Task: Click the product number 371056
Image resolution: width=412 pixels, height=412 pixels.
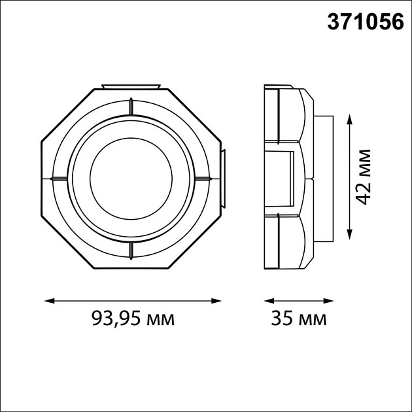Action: (x=365, y=22)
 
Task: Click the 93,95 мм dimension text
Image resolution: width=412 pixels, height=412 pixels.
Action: (x=133, y=318)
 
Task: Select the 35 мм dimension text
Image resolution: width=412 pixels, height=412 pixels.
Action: (x=299, y=318)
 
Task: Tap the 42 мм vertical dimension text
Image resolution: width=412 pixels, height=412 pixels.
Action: (x=364, y=177)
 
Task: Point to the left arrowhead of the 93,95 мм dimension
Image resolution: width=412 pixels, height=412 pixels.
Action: (x=50, y=301)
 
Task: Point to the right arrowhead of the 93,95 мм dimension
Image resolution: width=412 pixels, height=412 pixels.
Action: (x=216, y=301)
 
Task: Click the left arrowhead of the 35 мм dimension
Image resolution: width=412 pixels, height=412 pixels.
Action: (x=269, y=301)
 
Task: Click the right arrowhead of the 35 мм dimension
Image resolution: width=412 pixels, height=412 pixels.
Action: (x=328, y=301)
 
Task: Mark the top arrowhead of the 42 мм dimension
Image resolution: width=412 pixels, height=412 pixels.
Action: (x=349, y=119)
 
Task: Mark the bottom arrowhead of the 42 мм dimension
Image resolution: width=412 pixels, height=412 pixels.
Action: (x=349, y=234)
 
